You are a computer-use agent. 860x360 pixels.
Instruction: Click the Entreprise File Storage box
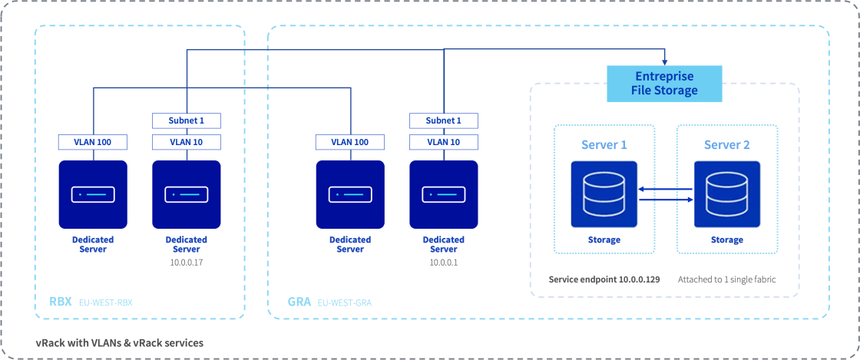click(664, 84)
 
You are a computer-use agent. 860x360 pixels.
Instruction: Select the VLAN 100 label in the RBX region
click(92, 142)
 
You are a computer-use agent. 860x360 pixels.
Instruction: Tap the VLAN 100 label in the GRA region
click(349, 142)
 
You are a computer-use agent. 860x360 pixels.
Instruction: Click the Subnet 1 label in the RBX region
click(186, 121)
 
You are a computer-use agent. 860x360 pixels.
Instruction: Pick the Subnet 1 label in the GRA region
click(443, 121)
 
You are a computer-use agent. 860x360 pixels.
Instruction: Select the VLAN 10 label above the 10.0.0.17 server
click(186, 142)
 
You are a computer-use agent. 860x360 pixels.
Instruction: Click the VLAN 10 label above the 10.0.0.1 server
click(443, 142)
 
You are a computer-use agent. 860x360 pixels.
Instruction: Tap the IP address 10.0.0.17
click(186, 263)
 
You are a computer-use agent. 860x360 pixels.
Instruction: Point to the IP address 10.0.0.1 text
click(443, 263)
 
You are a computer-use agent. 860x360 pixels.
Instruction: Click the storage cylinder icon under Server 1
click(604, 194)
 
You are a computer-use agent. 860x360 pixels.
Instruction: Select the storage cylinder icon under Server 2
click(726, 194)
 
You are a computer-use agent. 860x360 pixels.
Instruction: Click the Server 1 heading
click(604, 145)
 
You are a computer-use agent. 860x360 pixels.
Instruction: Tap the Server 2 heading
click(726, 145)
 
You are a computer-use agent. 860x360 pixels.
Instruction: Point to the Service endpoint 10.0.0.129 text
click(604, 279)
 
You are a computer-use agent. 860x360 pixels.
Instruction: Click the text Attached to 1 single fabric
click(726, 279)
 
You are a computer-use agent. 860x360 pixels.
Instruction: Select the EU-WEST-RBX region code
click(106, 303)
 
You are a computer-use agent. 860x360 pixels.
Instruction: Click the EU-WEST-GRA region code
click(345, 303)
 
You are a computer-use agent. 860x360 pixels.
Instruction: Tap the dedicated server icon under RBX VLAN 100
click(92, 194)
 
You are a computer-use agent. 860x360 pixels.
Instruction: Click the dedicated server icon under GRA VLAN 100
click(349, 194)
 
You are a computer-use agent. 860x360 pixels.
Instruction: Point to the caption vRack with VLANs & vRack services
click(119, 342)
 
